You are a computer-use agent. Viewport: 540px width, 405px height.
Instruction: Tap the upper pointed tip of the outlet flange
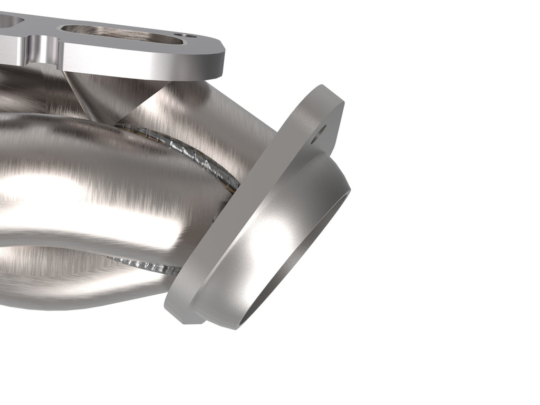[330, 92]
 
